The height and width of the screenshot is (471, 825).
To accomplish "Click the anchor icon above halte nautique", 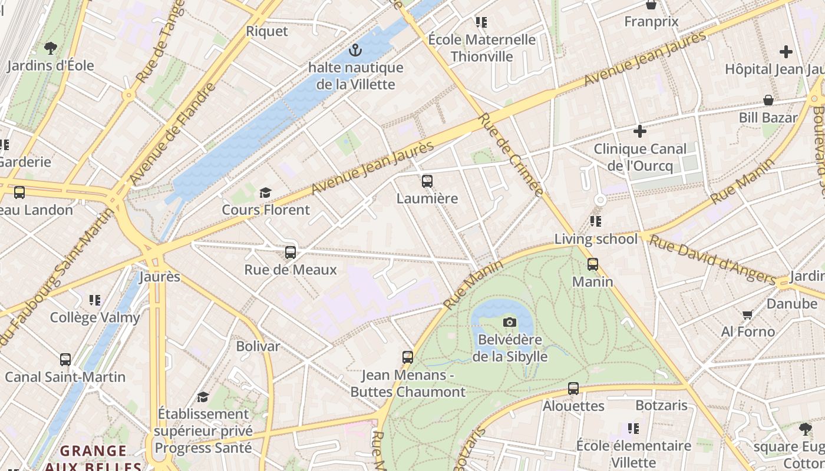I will [x=355, y=50].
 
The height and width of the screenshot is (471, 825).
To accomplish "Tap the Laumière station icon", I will [x=427, y=181].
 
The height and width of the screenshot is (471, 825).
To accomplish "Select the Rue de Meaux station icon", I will [x=291, y=253].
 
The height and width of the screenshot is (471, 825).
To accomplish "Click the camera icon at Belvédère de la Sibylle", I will [x=510, y=322].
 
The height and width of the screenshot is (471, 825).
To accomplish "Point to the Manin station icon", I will [x=593, y=264].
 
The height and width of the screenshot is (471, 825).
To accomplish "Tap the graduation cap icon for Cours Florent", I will [x=265, y=193].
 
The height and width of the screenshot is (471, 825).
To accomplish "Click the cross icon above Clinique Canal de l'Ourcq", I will [x=639, y=131].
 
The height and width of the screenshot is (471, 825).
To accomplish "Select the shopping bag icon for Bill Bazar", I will [x=768, y=100].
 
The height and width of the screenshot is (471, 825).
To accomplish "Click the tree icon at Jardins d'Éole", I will [x=51, y=48].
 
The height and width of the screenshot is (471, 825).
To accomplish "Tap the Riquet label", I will [x=267, y=31].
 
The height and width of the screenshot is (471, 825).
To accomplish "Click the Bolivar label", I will [x=258, y=346].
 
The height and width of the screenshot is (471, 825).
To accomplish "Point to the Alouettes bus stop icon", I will [x=573, y=389].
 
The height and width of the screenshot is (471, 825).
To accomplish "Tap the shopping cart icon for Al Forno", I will [x=748, y=314].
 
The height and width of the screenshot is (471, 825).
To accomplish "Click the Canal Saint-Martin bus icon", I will [x=65, y=359].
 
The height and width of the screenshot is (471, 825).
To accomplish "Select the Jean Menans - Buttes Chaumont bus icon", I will [x=408, y=357].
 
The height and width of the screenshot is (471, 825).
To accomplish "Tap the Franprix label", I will [x=651, y=22].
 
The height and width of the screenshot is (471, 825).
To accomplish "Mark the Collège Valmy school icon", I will [x=95, y=300].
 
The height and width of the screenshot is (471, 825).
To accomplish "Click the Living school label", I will [x=596, y=239].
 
